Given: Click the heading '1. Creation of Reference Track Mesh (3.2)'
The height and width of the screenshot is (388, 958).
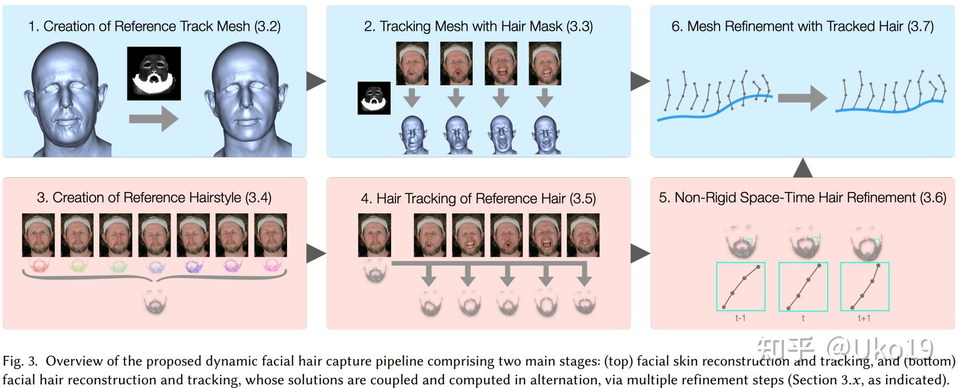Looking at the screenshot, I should coord(154,26).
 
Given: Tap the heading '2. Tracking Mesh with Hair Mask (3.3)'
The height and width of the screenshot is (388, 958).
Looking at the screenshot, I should coord(478,26).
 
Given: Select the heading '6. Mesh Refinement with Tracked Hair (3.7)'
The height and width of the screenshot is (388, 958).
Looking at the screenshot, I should coord(802,26).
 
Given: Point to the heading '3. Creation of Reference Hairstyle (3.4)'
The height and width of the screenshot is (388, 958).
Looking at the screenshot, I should coord(154,198).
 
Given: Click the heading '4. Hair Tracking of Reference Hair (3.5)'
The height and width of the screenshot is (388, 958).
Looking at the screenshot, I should coord(478,198).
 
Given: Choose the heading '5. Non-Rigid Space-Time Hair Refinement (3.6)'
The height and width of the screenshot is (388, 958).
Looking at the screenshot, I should coord(802,198).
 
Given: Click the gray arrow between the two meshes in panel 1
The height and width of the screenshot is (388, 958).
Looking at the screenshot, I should coord(153,119).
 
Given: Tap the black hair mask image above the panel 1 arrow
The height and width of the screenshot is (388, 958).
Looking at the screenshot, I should coord(154,73).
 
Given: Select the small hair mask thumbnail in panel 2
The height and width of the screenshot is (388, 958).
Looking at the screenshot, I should coord(374,98).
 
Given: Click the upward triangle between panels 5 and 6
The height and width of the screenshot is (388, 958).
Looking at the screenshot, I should coord(802,168).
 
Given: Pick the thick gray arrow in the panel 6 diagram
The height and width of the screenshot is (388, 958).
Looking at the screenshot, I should coord(802,98).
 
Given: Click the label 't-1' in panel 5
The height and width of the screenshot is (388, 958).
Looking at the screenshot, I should coord(740,318).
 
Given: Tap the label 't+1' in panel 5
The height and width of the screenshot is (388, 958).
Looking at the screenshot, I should coord(864,318).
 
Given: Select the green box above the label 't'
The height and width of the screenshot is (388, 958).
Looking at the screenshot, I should coord(803,287).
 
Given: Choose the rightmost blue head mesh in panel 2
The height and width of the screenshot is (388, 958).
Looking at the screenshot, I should coord(545,134).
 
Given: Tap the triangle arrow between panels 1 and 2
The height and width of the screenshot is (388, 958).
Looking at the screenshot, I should coord(316,81).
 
